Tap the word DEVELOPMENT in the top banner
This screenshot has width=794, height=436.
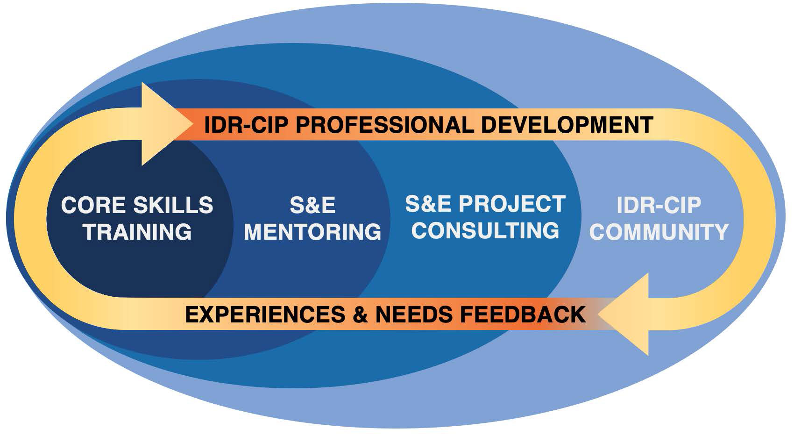pos(567,125)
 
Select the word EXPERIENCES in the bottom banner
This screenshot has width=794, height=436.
pos(265,314)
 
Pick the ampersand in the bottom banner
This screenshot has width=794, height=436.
pos(360,314)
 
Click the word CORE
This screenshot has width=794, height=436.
pos(93,205)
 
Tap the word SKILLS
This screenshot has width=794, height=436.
pos(173,205)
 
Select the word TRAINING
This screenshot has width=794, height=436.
pos(137,232)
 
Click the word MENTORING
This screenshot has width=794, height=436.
pos(312,232)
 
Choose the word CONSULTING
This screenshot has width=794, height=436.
pos(485,230)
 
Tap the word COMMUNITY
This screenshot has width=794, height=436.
pos(659,232)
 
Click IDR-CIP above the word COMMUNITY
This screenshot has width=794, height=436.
pos(659,205)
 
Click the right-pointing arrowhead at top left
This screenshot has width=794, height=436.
pos(165,124)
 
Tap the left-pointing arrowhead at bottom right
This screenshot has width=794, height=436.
pos(624,314)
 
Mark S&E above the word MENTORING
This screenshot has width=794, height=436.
pos(312,205)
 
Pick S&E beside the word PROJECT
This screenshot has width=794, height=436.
pos(428,204)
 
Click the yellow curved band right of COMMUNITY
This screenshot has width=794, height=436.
pos(759,219)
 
